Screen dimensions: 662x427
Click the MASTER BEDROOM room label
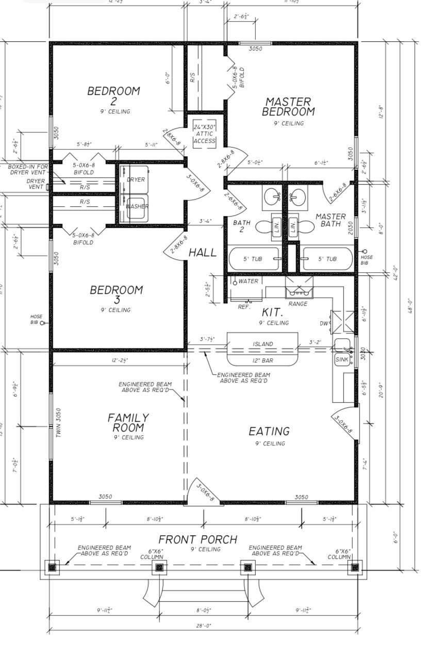[x=288, y=107]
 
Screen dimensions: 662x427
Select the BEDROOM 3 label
[x=117, y=294]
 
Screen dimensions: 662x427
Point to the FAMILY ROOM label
[x=128, y=422]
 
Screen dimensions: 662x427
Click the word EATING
[x=269, y=431]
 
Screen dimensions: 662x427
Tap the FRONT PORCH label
[x=198, y=540]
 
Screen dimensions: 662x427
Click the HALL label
[x=203, y=253]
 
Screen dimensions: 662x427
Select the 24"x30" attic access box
[x=205, y=134]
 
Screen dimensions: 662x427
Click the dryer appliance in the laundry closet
[x=136, y=180]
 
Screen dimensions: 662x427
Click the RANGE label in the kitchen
[x=298, y=304]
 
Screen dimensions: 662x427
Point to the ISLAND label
[x=263, y=344]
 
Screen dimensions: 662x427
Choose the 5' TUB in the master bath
[x=327, y=259]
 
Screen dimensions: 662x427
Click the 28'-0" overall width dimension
[x=203, y=626]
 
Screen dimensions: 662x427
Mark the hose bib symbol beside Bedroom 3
[x=43, y=323]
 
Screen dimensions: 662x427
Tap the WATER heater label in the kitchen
[x=248, y=282]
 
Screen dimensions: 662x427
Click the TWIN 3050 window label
[x=58, y=423]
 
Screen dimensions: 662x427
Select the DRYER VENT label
[x=35, y=184]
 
